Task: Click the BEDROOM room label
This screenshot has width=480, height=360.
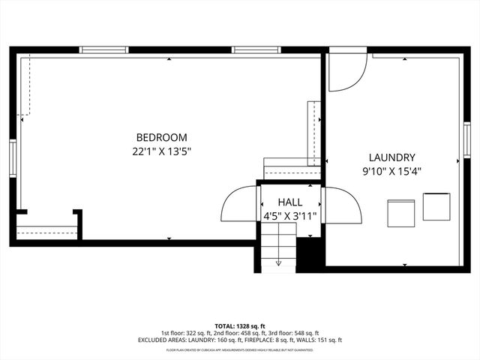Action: click(161, 137)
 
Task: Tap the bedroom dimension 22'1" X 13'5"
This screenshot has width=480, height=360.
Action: click(161, 151)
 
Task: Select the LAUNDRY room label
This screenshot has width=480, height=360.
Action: click(391, 157)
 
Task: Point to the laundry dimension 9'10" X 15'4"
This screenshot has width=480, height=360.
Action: click(391, 171)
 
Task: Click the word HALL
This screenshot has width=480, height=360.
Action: click(290, 202)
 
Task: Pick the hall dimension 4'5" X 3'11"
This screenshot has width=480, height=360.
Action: click(290, 216)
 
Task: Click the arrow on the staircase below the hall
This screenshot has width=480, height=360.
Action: click(279, 262)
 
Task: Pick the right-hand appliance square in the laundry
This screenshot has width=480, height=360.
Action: click(436, 206)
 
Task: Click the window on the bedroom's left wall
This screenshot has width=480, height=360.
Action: click(13, 157)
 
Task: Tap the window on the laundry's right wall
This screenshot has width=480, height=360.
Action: click(466, 139)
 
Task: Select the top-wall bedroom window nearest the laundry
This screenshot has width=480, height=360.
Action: click(256, 50)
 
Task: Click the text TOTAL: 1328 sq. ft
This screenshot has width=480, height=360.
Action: click(240, 326)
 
